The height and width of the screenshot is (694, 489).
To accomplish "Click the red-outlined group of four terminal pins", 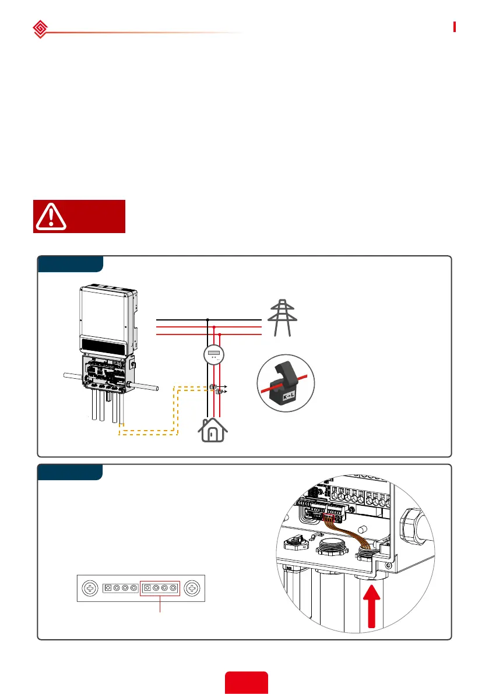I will (160, 588).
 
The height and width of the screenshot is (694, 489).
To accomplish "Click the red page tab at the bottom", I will (246, 682).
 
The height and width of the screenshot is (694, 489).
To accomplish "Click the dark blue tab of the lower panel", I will (70, 472).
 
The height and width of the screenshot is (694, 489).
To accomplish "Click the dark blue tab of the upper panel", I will (70, 263).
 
